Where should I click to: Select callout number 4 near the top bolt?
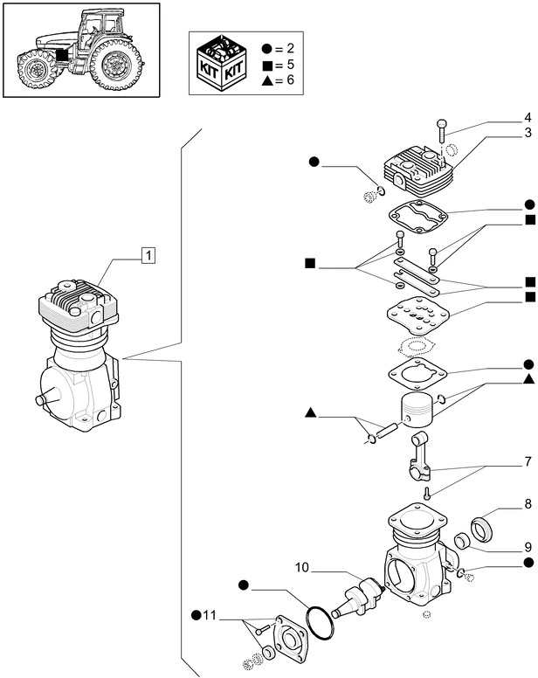(528, 117)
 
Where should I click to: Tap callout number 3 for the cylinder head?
(528, 134)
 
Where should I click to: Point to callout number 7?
(528, 460)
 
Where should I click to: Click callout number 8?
(528, 504)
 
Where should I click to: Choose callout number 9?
(528, 547)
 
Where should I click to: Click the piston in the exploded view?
(417, 407)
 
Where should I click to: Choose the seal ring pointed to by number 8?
(482, 529)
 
